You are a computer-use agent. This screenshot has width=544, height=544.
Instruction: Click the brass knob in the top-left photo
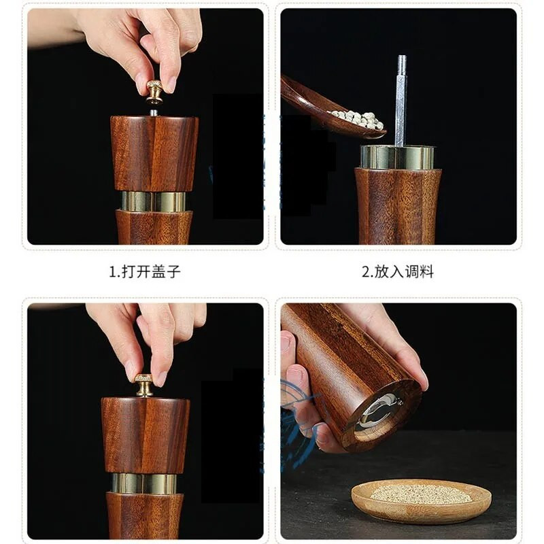(154, 90)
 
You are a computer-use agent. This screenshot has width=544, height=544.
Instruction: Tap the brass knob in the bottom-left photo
(143, 386)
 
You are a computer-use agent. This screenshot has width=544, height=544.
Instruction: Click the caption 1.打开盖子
(145, 272)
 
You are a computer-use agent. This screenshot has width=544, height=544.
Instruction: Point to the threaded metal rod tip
(402, 65)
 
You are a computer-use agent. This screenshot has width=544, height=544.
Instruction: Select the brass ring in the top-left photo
(154, 201)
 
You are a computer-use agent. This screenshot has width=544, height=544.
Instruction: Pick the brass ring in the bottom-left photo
(144, 483)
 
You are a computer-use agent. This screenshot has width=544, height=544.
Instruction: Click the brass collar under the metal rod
(398, 157)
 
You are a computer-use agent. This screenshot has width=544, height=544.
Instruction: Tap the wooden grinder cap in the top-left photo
(154, 153)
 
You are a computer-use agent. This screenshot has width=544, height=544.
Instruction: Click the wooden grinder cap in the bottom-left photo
(145, 435)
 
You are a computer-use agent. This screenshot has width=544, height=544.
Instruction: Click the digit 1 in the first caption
(113, 272)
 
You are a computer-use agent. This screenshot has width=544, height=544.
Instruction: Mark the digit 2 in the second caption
(364, 272)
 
